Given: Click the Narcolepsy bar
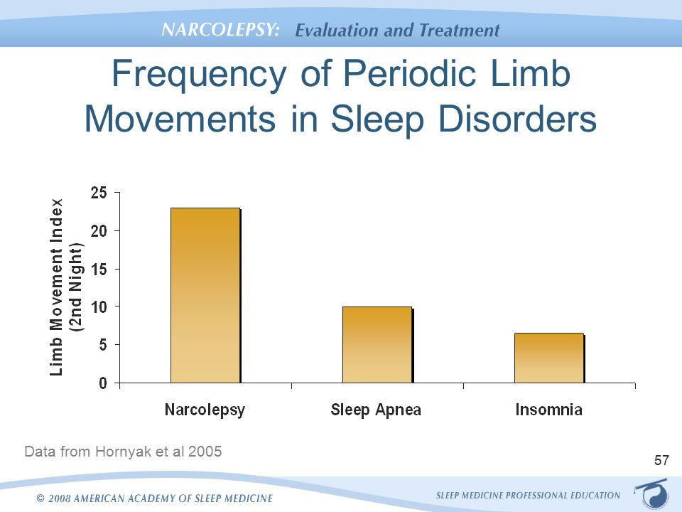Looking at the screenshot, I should [205, 295].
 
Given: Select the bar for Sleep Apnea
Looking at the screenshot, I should [377, 345].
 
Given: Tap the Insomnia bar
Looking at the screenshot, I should [549, 358].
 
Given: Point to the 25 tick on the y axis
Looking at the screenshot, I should [99, 193].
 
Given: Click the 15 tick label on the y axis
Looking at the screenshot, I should [99, 269].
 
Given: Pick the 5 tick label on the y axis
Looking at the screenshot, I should [103, 345].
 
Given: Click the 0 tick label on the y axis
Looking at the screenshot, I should [103, 383].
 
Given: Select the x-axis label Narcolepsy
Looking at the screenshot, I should [205, 410].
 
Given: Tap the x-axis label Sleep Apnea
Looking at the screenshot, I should [377, 410].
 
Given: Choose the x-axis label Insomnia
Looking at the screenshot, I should [549, 410].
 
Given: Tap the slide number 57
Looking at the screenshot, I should [661, 461].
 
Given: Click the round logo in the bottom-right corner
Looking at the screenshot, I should [651, 492].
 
